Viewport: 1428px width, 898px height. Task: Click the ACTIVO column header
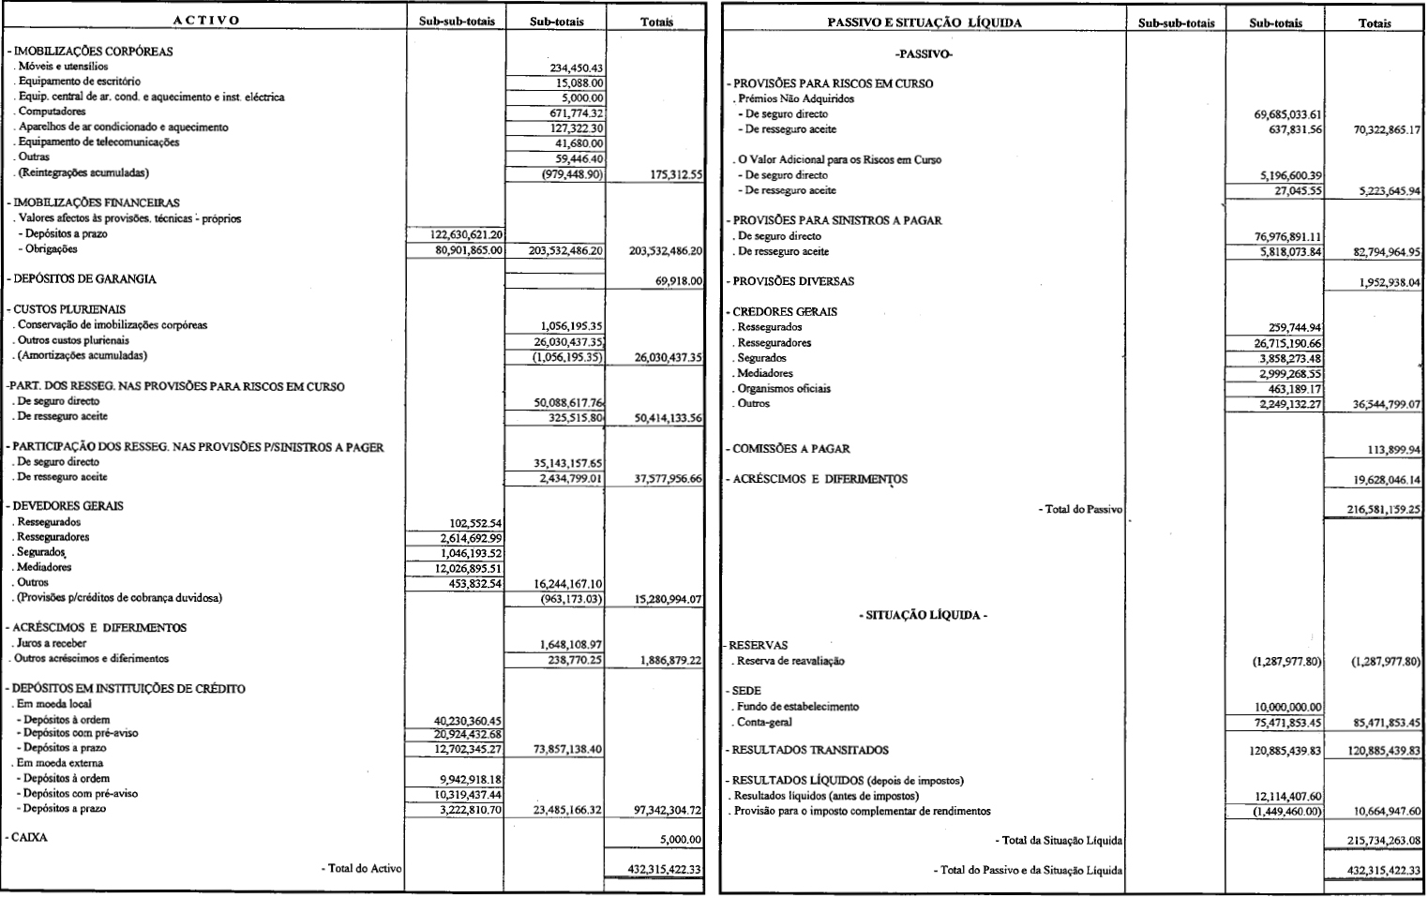point(206,20)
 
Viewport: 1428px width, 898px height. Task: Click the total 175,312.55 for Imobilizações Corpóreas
point(669,173)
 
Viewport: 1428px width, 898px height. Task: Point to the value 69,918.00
point(678,280)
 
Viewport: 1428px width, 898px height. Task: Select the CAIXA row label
point(29,838)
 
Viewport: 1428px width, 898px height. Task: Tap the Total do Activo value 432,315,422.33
point(664,870)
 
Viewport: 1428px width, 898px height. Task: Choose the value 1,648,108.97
point(570,645)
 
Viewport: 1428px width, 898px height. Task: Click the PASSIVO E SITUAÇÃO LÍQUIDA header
point(924,22)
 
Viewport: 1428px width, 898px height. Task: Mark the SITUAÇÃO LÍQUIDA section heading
point(923,616)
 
